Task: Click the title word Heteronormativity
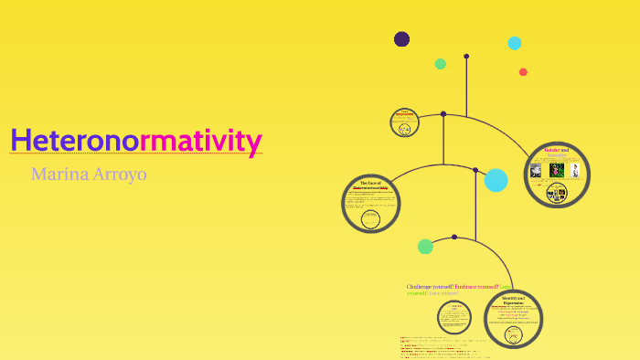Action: [x=136, y=141]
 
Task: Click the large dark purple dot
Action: [x=401, y=38]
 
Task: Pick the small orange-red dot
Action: [x=523, y=72]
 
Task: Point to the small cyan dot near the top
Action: [x=514, y=43]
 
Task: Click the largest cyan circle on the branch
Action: [x=496, y=180]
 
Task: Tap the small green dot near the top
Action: [x=440, y=64]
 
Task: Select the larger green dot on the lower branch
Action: [x=425, y=246]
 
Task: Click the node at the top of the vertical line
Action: [x=466, y=57]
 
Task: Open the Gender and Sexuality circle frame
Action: [x=557, y=174]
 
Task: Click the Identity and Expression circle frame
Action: [x=513, y=319]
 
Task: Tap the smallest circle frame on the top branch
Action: [x=403, y=122]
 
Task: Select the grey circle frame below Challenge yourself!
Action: [x=453, y=317]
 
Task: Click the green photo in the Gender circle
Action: [x=556, y=170]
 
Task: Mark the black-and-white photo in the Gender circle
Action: [x=575, y=170]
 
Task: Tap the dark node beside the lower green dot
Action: [x=454, y=237]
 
